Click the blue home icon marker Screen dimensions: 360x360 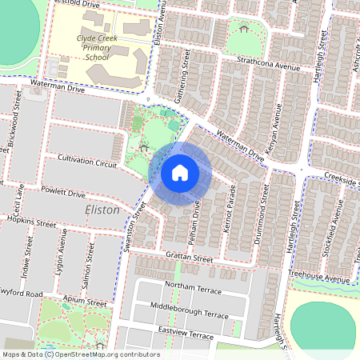pyautogui.click(x=180, y=172)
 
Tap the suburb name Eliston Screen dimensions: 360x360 pyautogui.click(x=102, y=210)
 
